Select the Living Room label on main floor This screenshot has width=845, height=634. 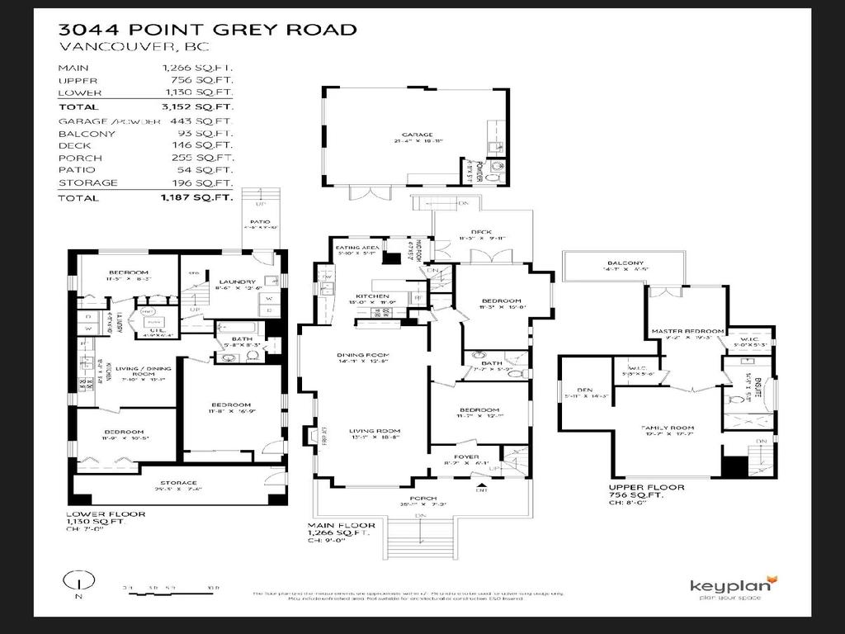click(374, 431)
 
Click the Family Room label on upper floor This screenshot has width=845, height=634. click(665, 428)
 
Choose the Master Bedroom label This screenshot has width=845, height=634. click(688, 331)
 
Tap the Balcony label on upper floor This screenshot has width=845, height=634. click(621, 264)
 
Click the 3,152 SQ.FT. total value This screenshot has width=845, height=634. click(198, 107)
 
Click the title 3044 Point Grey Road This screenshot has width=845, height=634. click(207, 30)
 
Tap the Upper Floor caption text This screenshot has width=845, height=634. click(645, 488)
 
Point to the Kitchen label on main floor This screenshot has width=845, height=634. click(372, 296)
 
